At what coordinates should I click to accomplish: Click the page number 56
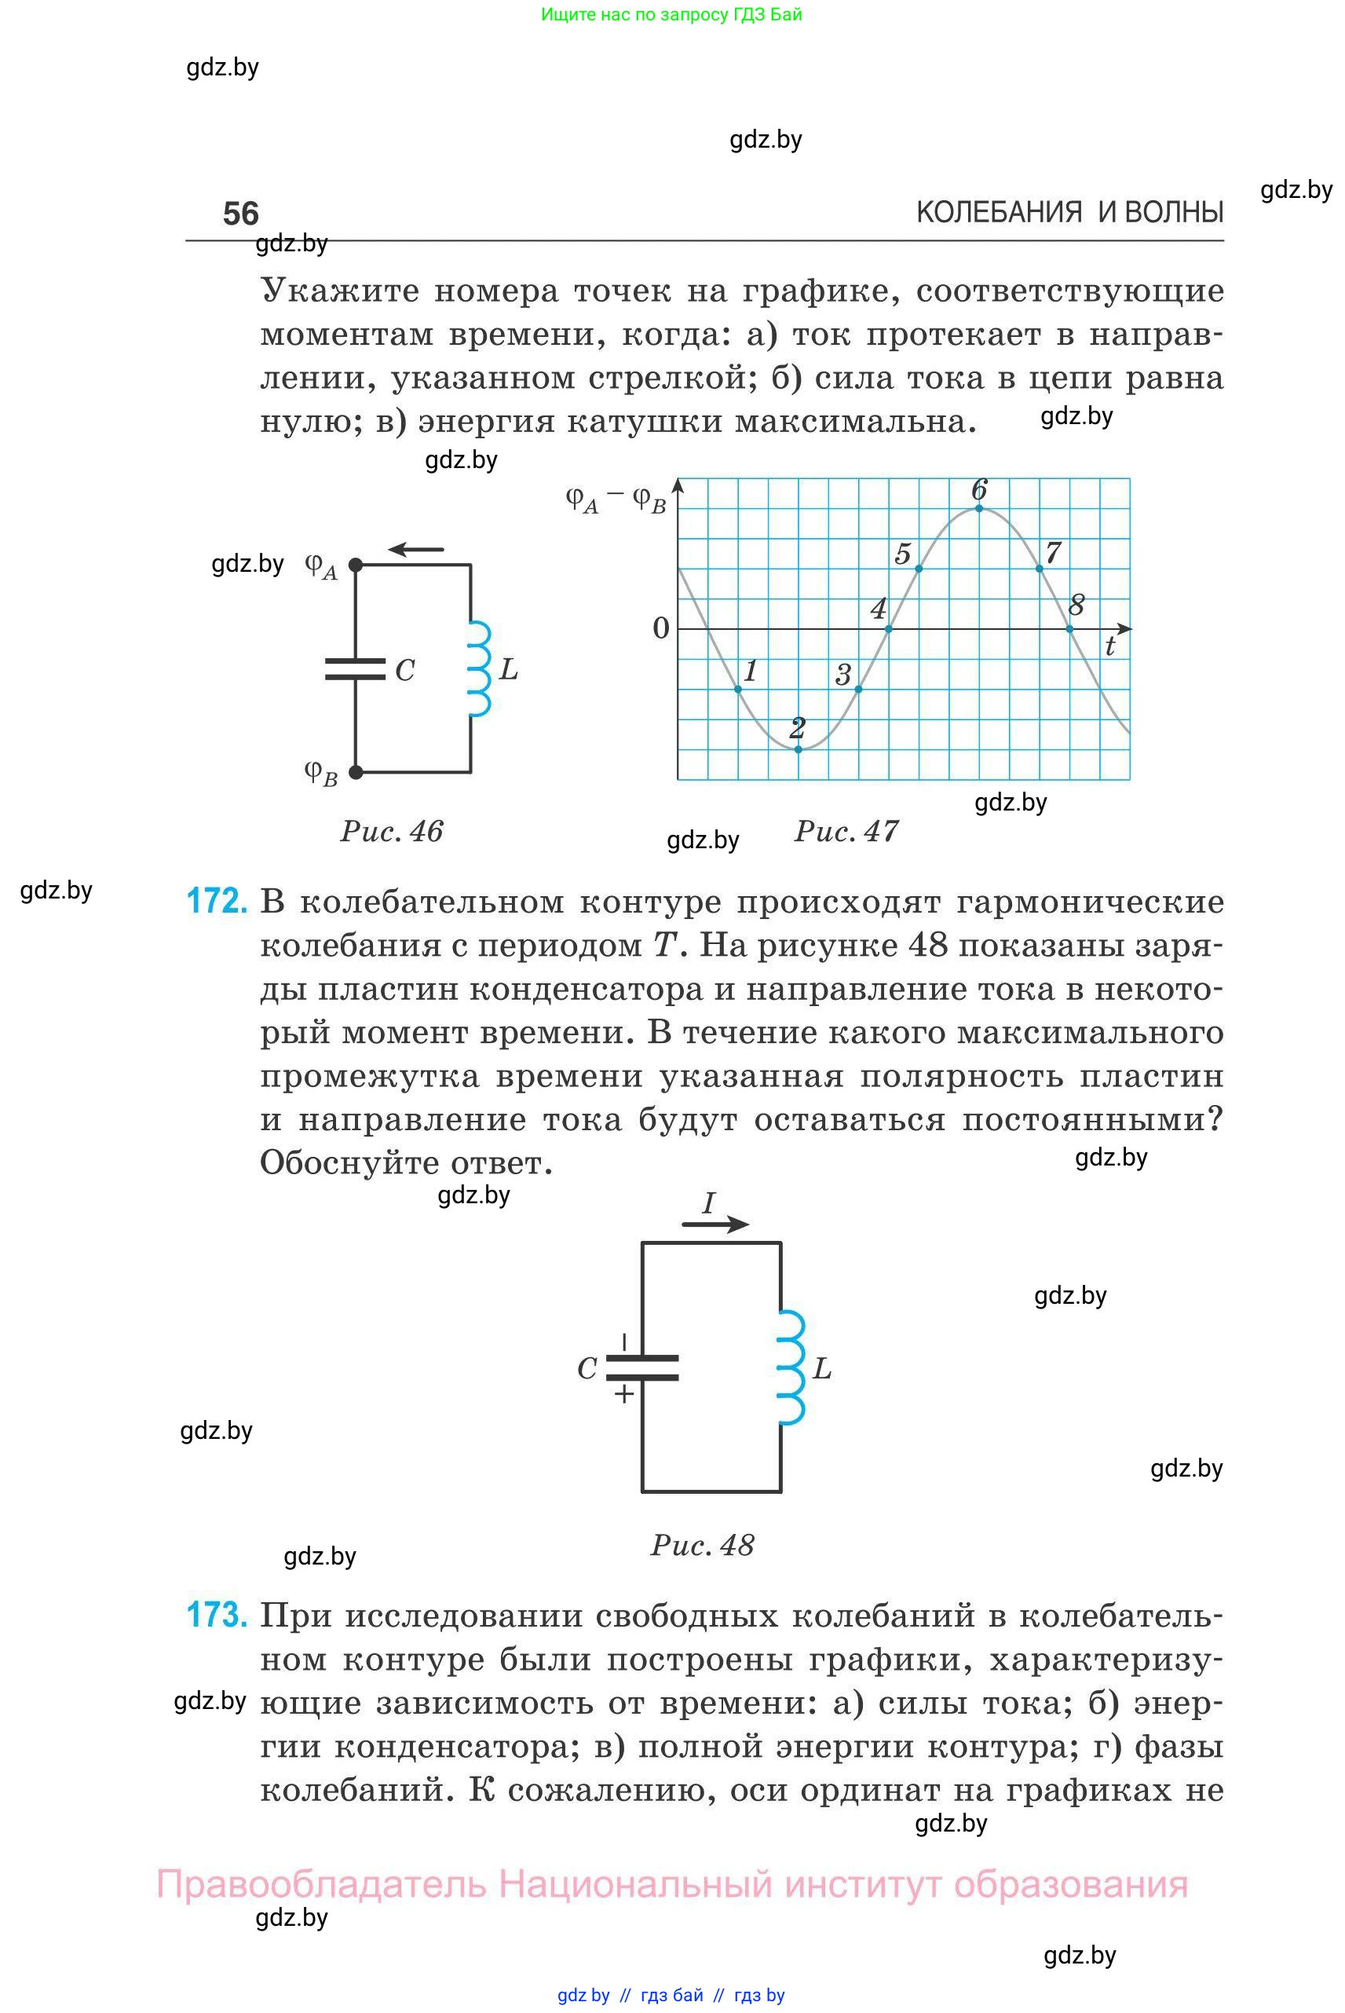pyautogui.click(x=240, y=214)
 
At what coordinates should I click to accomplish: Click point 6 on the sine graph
pyautogui.click(x=980, y=509)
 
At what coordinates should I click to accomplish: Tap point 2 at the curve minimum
pyautogui.click(x=799, y=749)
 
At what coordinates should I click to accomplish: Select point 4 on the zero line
pyautogui.click(x=889, y=629)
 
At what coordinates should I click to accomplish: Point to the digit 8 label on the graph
pyautogui.click(x=1076, y=605)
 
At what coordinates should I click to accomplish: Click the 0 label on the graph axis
pyautogui.click(x=660, y=628)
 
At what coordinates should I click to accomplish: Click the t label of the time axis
pyautogui.click(x=1110, y=647)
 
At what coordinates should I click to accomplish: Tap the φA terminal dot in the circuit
pyautogui.click(x=356, y=565)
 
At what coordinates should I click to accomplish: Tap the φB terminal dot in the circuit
pyautogui.click(x=356, y=772)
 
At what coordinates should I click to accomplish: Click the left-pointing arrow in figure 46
pyautogui.click(x=416, y=549)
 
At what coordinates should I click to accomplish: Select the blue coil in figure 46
pyautogui.click(x=480, y=669)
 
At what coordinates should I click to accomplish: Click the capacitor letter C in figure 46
pyautogui.click(x=405, y=670)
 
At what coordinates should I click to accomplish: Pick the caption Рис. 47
pyautogui.click(x=846, y=831)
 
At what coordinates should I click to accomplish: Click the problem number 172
pyautogui.click(x=217, y=902)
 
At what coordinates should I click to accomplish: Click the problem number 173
pyautogui.click(x=217, y=1616)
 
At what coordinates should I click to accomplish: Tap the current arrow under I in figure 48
pyautogui.click(x=715, y=1225)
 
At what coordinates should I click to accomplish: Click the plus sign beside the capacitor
pyautogui.click(x=624, y=1394)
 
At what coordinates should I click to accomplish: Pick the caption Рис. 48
pyautogui.click(x=703, y=1544)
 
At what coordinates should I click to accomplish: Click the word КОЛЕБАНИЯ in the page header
pyautogui.click(x=1000, y=212)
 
